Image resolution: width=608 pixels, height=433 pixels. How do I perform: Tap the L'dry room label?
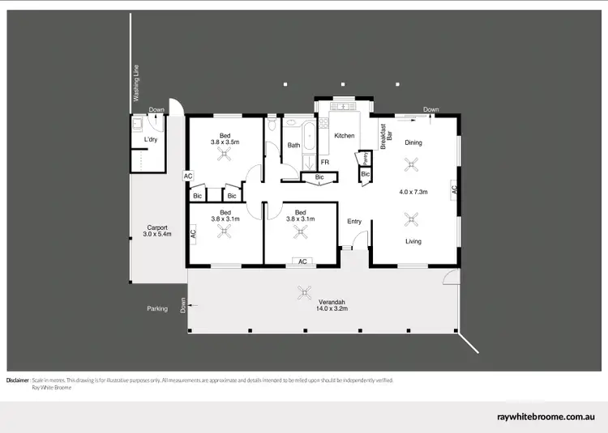(150, 140)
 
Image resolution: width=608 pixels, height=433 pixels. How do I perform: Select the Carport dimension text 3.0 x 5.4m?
(157, 234)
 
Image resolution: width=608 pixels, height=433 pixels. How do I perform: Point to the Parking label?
(157, 308)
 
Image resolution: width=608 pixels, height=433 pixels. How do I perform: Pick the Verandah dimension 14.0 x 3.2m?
(332, 308)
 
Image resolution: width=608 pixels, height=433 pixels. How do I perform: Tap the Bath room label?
(293, 146)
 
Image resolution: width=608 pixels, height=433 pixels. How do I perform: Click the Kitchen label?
(345, 135)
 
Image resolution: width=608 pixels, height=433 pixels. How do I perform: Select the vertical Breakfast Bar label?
(386, 132)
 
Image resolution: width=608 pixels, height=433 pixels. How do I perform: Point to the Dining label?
(413, 143)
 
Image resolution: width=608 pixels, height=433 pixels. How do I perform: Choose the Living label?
(413, 241)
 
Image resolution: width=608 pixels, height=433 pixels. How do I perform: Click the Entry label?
(354, 221)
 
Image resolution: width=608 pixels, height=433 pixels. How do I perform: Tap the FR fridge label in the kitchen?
(324, 162)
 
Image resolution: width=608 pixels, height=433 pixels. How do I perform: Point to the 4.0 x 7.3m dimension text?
(413, 192)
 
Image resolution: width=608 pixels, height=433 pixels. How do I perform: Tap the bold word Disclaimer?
(18, 380)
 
